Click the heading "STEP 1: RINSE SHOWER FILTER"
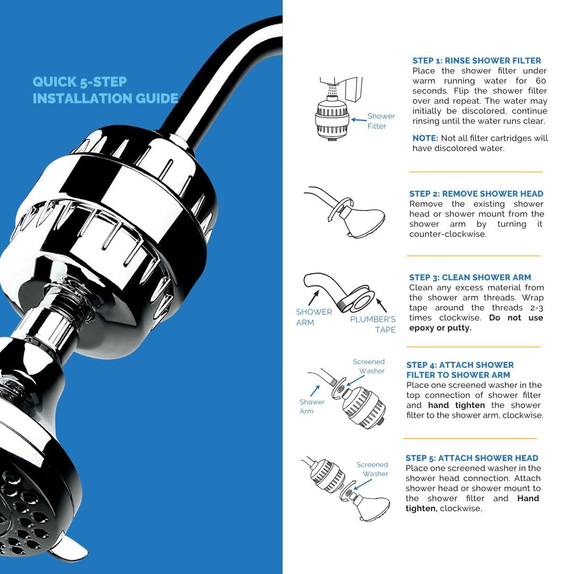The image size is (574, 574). (x=477, y=61)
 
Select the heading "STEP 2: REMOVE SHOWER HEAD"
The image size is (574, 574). (x=476, y=194)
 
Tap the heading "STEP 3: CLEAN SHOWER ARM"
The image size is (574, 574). (x=470, y=277)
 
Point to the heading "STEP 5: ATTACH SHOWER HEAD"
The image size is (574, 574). (x=471, y=458)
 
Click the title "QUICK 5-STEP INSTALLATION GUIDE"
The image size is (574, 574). (x=105, y=90)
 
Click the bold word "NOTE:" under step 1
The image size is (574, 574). (x=425, y=138)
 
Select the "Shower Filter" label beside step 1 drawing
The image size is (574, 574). (x=381, y=121)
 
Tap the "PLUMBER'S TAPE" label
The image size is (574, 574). (x=373, y=324)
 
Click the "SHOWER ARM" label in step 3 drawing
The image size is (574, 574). (x=314, y=317)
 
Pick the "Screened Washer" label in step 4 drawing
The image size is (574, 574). (x=369, y=366)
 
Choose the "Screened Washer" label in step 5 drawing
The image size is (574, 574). (x=373, y=469)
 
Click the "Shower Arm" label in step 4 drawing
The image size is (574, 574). (x=311, y=407)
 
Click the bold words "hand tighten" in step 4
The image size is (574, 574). (x=456, y=406)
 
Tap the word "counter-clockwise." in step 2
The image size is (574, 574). (x=448, y=234)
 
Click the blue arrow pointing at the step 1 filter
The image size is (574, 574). (x=358, y=120)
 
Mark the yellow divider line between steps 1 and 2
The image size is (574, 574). (x=475, y=172)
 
